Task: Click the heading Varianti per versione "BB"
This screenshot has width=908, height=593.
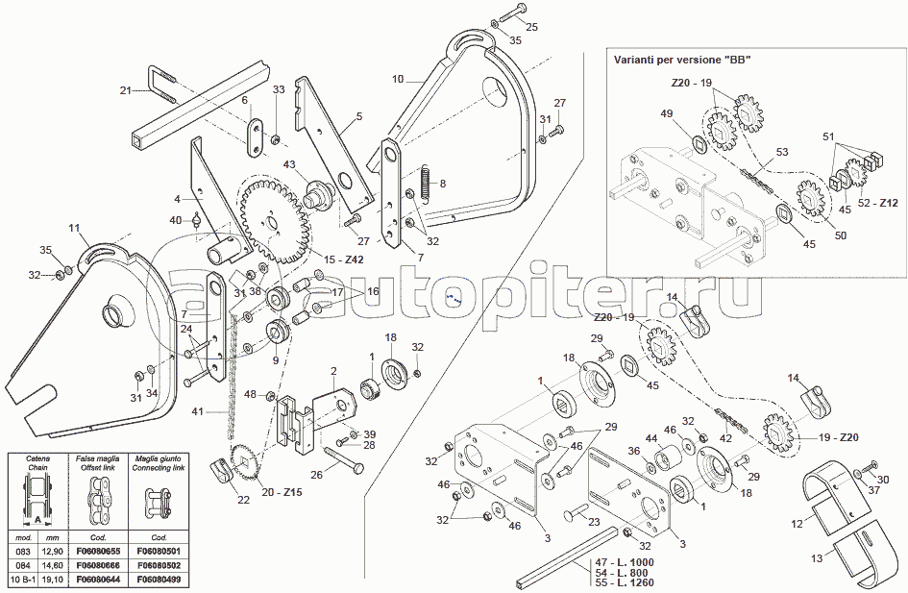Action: [x=681, y=60]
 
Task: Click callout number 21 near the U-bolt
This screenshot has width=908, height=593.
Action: [x=125, y=91]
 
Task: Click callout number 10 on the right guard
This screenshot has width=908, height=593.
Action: [x=399, y=78]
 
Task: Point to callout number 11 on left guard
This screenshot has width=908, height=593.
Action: [x=74, y=228]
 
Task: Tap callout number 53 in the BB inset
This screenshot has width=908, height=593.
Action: [x=781, y=152]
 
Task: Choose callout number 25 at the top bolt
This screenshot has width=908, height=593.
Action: [x=532, y=25]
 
